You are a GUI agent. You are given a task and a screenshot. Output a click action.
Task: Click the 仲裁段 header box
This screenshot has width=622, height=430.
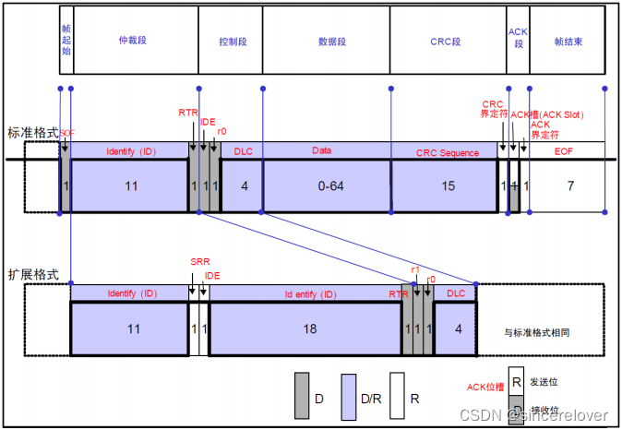(x=134, y=41)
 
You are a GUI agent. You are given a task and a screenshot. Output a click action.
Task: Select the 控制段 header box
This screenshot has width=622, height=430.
(x=231, y=41)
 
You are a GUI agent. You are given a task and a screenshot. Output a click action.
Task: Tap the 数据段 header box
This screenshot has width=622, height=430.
(x=326, y=41)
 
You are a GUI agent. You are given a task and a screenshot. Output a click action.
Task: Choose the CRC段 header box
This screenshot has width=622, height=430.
(x=448, y=41)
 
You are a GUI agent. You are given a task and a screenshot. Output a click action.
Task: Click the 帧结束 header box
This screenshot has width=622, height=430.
(x=567, y=41)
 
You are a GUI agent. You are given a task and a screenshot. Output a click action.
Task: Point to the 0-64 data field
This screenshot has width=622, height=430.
(x=326, y=186)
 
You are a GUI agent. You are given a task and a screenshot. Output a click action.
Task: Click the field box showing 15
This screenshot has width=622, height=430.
(x=448, y=186)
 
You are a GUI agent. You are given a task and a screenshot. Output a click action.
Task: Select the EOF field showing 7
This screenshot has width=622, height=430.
(x=569, y=186)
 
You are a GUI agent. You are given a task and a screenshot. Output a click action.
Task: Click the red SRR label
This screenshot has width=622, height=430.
(x=199, y=262)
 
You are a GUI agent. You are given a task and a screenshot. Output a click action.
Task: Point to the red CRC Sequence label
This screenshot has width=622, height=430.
(x=448, y=152)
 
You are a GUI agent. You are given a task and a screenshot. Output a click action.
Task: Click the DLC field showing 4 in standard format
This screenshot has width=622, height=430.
(x=244, y=186)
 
